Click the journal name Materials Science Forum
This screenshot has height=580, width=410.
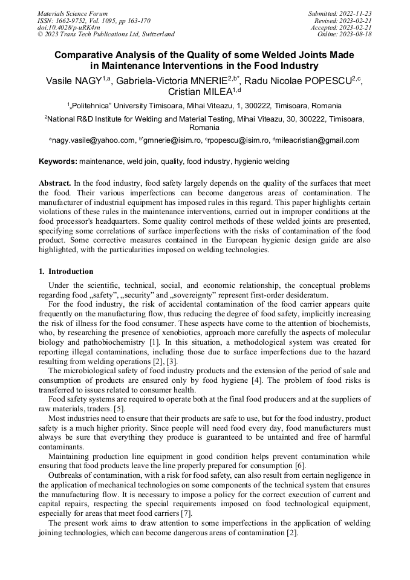click(x=73, y=13)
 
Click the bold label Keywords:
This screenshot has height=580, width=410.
click(x=58, y=161)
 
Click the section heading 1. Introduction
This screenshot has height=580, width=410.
click(x=66, y=272)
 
